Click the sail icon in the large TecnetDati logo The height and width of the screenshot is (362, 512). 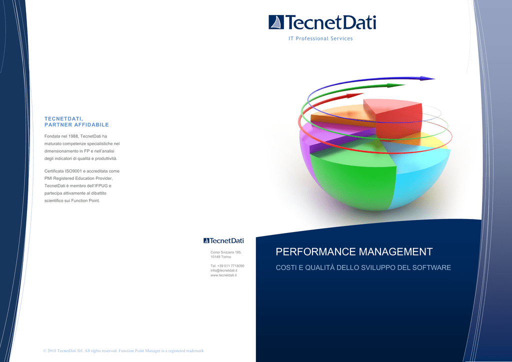pos(276,22)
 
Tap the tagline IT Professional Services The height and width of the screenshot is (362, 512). pos(320,38)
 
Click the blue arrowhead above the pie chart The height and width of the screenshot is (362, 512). pos(427,78)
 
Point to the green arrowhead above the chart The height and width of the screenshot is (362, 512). pos(396,85)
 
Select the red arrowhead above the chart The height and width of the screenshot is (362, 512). pos(355,95)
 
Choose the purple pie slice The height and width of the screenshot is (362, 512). pos(313,143)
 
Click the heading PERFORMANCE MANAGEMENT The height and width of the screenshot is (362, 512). pos(354,252)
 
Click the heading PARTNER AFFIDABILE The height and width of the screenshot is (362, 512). pos(76,124)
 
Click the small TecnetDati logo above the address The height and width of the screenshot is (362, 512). pos(223,240)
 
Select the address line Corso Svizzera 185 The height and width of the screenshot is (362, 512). pos(226,252)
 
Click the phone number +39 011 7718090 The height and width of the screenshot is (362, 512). pos(230,266)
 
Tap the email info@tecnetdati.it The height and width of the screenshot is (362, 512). pos(223,270)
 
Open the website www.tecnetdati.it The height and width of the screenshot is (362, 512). pos(223,275)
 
